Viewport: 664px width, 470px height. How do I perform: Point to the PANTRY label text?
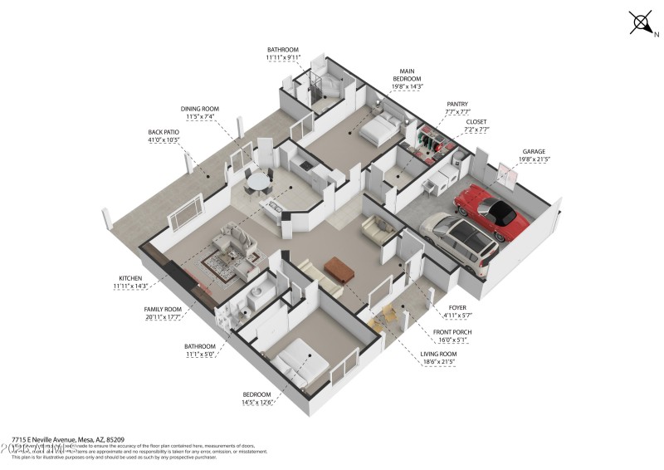[x=457, y=105]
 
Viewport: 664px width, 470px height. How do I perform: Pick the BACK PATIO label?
[x=164, y=132]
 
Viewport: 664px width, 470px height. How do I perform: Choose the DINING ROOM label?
[x=200, y=109]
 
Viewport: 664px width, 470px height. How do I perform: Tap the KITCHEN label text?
[x=131, y=277]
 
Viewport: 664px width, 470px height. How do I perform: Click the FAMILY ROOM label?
[x=163, y=308]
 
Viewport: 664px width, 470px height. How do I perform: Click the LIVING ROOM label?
[x=439, y=354]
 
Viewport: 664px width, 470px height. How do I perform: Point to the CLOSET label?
[x=476, y=121]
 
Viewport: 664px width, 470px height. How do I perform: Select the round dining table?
[x=260, y=179]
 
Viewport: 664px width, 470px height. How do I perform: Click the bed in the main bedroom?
[x=379, y=129]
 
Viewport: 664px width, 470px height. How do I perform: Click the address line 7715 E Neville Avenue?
[x=68, y=438]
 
